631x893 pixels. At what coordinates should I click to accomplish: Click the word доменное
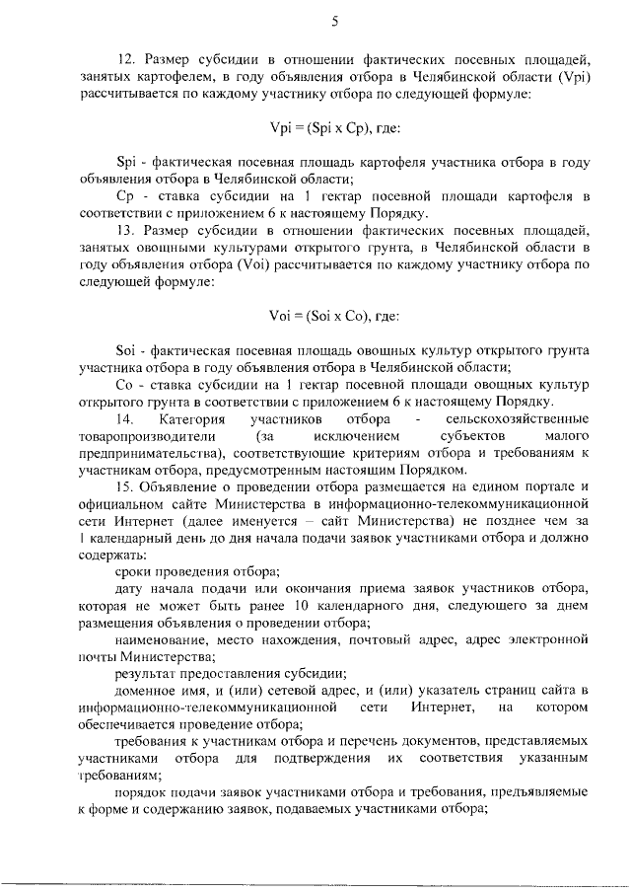click(145, 688)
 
